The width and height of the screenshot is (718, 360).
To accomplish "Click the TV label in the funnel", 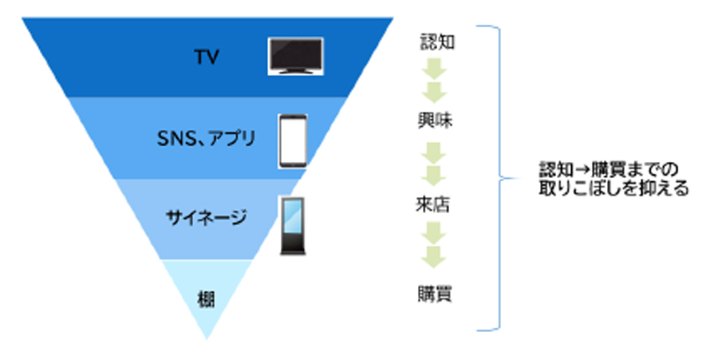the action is click(207, 57).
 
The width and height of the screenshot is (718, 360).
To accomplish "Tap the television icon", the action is click(296, 56).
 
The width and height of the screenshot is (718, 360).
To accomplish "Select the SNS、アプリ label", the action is click(206, 138).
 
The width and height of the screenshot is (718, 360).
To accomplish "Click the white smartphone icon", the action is click(293, 141).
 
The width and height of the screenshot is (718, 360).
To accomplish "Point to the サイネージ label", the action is click(206, 217).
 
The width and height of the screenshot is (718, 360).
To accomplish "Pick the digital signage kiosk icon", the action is click(293, 226).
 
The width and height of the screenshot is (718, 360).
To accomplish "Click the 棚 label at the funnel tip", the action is click(206, 300).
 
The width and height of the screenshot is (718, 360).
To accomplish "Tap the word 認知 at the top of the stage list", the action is click(437, 42).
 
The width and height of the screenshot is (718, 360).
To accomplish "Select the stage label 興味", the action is click(435, 121).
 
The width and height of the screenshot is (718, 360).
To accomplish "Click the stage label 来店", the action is click(432, 204).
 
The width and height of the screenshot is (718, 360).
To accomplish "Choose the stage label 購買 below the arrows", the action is click(435, 293).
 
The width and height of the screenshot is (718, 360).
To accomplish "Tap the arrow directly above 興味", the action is click(434, 92).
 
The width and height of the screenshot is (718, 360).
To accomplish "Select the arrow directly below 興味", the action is click(434, 153).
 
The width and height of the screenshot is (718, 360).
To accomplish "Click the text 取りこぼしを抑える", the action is click(613, 188).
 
